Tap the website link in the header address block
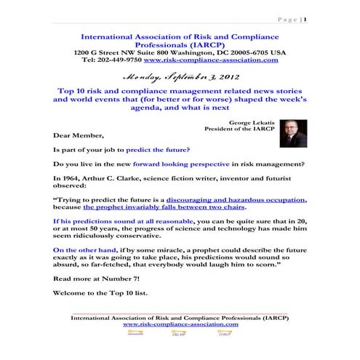(221, 60)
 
